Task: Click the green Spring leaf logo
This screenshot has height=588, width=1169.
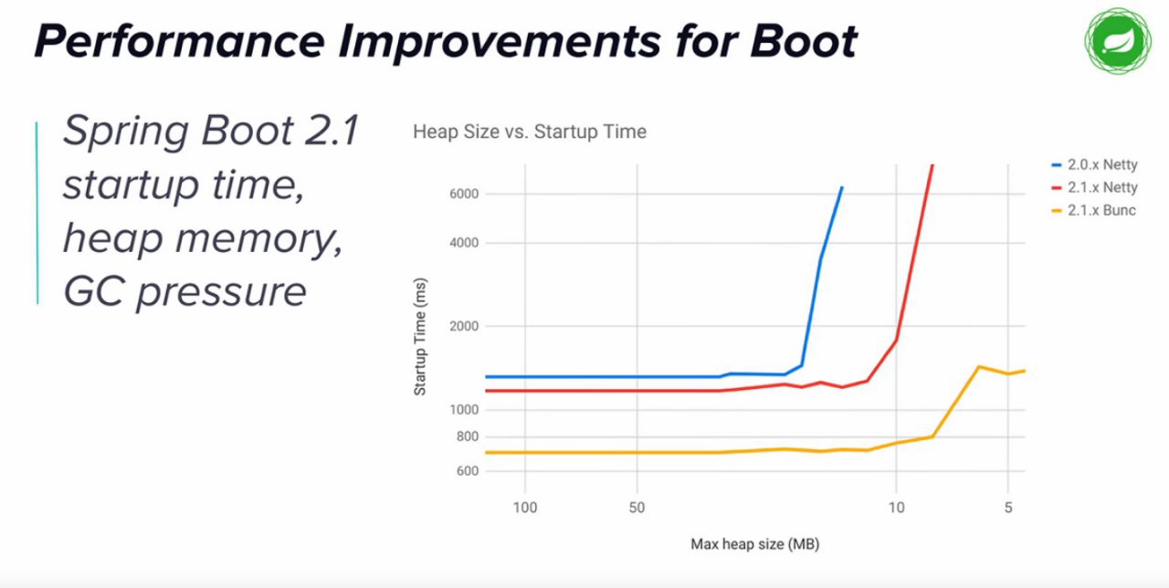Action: (1118, 41)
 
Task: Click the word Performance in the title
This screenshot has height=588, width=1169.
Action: (180, 41)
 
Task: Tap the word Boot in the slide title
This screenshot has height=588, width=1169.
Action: (803, 41)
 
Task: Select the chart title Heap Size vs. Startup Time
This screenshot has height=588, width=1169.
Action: (530, 131)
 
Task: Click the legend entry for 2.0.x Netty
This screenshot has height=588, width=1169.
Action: (1094, 165)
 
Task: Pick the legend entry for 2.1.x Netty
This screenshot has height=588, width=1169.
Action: (1094, 187)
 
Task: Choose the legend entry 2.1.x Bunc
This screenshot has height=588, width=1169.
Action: (1093, 210)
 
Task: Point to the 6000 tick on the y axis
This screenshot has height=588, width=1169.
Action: (464, 194)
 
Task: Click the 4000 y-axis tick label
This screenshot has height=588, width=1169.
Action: (464, 243)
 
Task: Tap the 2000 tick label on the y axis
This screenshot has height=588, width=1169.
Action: (464, 326)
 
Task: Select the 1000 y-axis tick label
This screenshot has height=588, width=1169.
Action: (464, 410)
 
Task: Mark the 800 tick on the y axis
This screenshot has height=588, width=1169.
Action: (468, 436)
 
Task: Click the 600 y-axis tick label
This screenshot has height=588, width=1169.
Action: (468, 471)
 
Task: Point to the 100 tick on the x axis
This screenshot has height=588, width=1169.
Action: (525, 508)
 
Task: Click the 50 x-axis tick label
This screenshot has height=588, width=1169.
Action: (637, 508)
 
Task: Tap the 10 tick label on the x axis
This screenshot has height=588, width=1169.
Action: (897, 508)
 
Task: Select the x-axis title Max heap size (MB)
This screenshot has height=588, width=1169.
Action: (754, 544)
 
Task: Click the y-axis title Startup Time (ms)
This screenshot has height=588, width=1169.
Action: (420, 337)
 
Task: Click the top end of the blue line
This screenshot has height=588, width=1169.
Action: (842, 187)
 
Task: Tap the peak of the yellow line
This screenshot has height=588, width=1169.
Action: (978, 367)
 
